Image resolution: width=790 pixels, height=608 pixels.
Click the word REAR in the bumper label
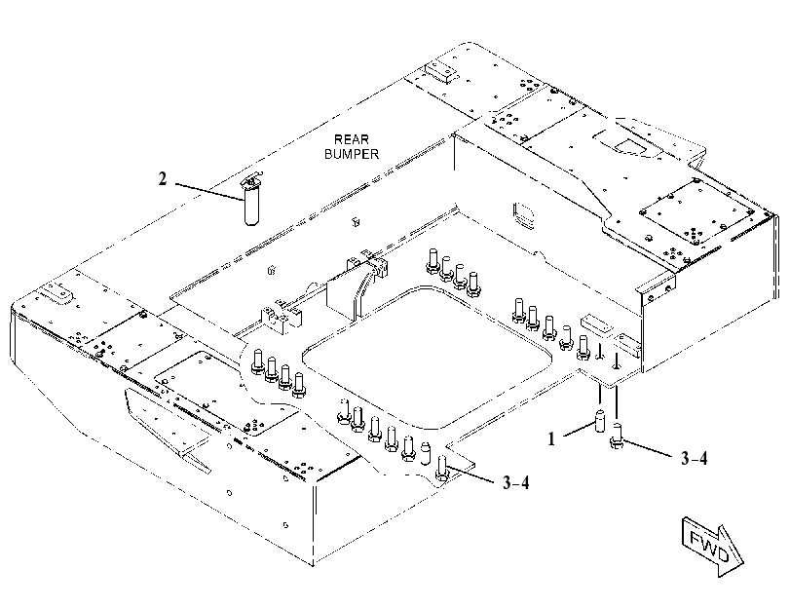coord(352,139)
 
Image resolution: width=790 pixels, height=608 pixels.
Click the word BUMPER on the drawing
coord(352,154)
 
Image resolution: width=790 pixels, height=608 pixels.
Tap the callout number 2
coord(163,178)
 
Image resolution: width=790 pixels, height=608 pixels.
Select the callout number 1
coord(551,439)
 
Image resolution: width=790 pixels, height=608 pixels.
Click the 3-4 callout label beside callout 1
coord(695,458)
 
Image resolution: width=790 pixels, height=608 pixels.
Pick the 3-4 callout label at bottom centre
coord(516,483)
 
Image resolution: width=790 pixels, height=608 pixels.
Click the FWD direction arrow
coord(713,547)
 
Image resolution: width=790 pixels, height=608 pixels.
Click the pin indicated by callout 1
coord(599,421)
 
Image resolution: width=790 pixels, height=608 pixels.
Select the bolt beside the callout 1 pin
coord(617,437)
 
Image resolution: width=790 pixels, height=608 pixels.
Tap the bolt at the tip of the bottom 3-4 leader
coord(442,468)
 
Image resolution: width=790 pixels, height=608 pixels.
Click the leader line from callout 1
coord(580,429)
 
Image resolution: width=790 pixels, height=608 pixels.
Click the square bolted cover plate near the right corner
coord(696,210)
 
